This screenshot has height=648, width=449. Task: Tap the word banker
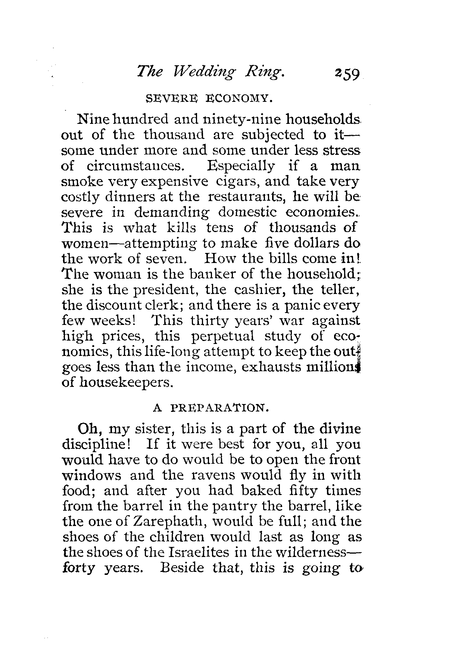pos(212,274)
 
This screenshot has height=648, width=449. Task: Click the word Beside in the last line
pos(183,568)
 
